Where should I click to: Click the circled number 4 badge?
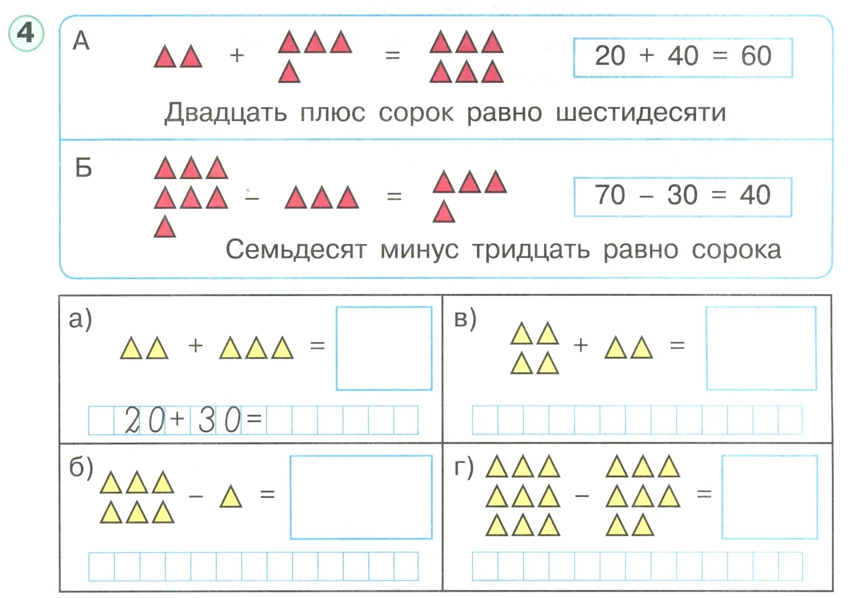pos(26,33)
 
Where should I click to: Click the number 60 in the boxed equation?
pos(756,56)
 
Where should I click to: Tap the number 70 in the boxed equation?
pos(610,195)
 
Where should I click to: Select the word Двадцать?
pos(225,113)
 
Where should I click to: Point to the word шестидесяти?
pos(641,113)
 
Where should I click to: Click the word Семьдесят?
pos(296,250)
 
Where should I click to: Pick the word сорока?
pos(736,250)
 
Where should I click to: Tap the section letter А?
pos(81,42)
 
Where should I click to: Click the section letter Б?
pos(83,168)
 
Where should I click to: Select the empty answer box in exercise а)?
pos(384,348)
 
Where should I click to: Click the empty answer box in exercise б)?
pos(361,497)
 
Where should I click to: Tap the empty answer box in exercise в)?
pos(761,348)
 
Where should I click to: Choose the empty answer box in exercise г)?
pos(769,497)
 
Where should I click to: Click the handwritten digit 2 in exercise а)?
pos(131,420)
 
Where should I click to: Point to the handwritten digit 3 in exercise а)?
pos(207,420)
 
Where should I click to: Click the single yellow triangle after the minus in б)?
pos(231,497)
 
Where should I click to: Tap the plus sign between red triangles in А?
pos(237,56)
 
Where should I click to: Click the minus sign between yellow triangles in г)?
pos(582,496)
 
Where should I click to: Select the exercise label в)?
pos(465,319)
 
